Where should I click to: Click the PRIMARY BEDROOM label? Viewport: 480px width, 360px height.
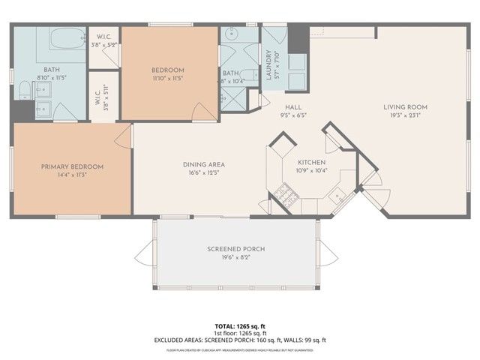click(x=72, y=166)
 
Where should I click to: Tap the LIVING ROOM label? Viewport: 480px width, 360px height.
click(x=404, y=107)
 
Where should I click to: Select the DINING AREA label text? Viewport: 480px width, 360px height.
click(x=204, y=165)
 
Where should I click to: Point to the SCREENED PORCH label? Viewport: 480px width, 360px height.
click(x=236, y=249)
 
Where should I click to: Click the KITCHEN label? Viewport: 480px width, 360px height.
click(x=310, y=162)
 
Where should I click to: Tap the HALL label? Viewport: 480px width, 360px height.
click(x=283, y=108)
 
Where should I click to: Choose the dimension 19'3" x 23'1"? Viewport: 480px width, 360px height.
click(x=404, y=115)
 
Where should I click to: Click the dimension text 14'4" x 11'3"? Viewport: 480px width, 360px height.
click(x=72, y=175)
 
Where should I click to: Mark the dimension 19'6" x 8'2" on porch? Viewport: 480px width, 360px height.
click(x=236, y=257)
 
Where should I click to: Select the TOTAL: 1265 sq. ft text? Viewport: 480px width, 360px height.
click(x=239, y=326)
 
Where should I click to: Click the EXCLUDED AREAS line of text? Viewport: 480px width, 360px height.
click(x=239, y=340)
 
